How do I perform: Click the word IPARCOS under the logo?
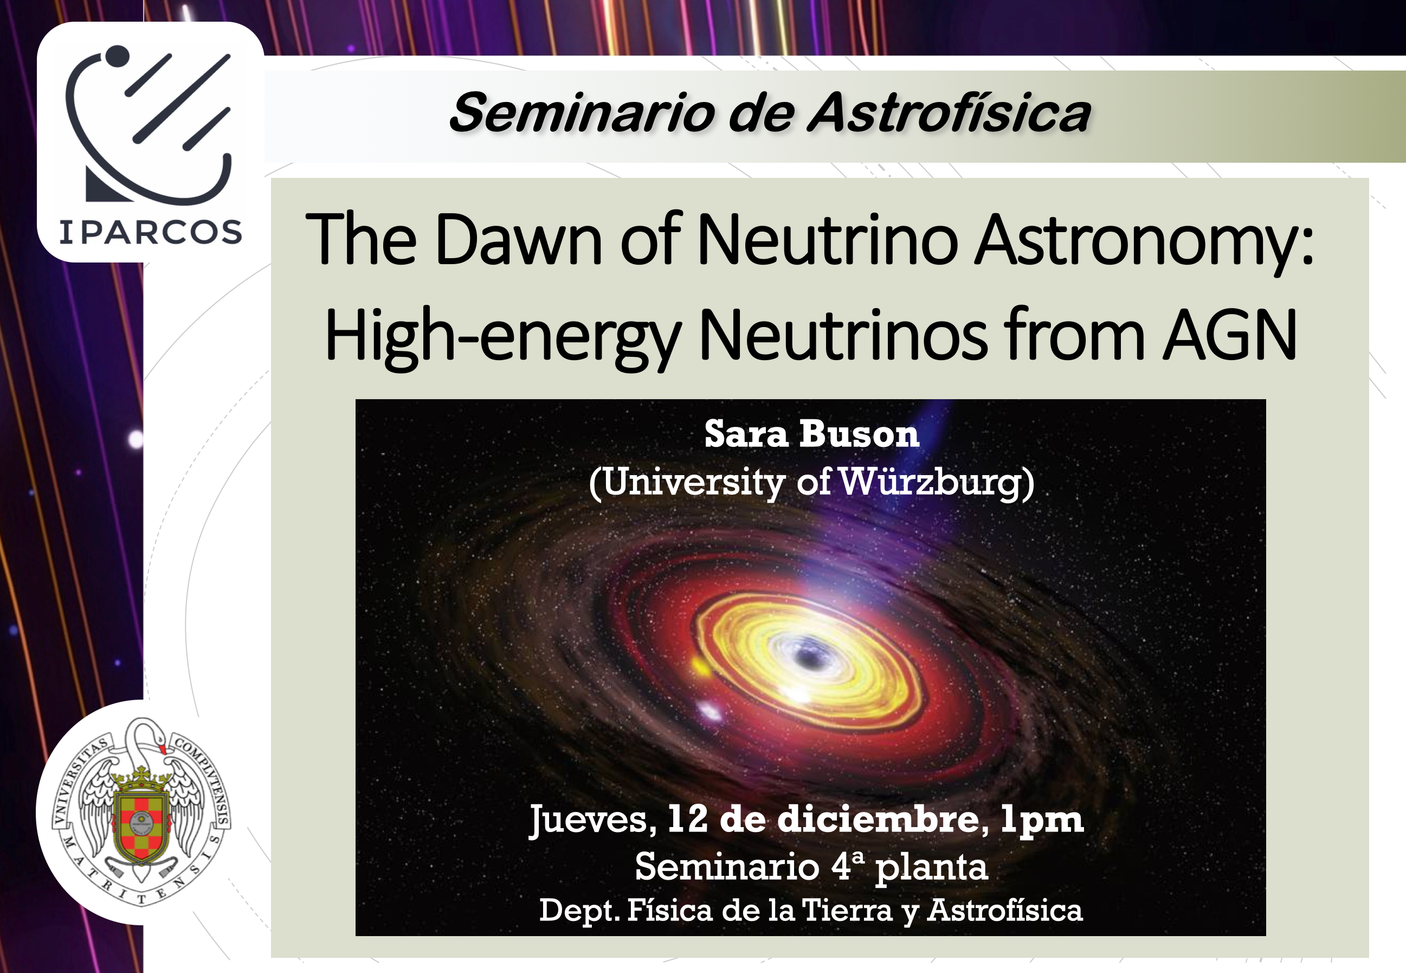(x=151, y=232)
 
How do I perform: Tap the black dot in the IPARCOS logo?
(x=117, y=55)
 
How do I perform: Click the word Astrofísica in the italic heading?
(x=949, y=113)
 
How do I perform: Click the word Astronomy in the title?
(x=1136, y=240)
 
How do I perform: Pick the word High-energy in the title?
(x=502, y=336)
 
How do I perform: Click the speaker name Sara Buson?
(x=811, y=434)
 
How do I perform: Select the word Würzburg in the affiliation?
(x=936, y=483)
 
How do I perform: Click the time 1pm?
(x=1042, y=821)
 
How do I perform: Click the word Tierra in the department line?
(x=847, y=910)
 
